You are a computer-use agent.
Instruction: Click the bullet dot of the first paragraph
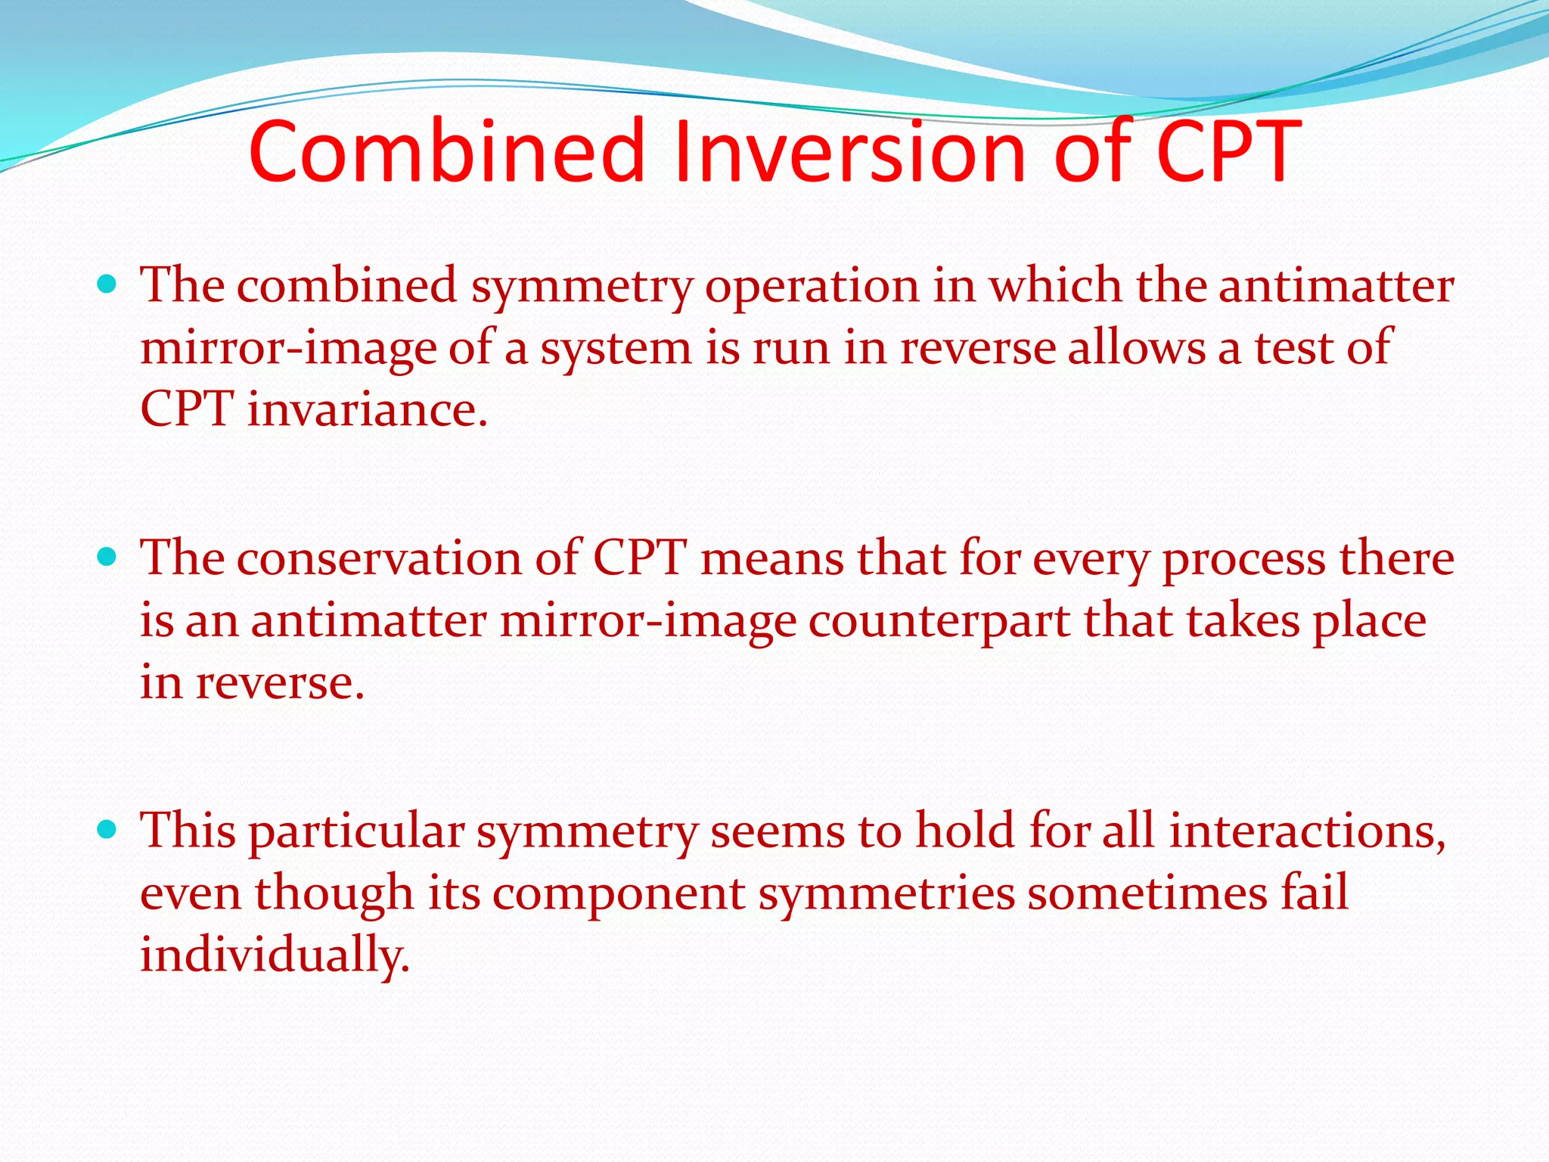[107, 284]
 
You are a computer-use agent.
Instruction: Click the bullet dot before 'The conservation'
[107, 558]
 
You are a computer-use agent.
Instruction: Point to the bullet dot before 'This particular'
[107, 830]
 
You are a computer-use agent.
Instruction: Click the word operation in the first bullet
[812, 287]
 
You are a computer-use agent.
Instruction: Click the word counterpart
[939, 622]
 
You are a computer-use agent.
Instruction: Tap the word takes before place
[1242, 621]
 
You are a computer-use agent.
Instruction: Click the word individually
[275, 955]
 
